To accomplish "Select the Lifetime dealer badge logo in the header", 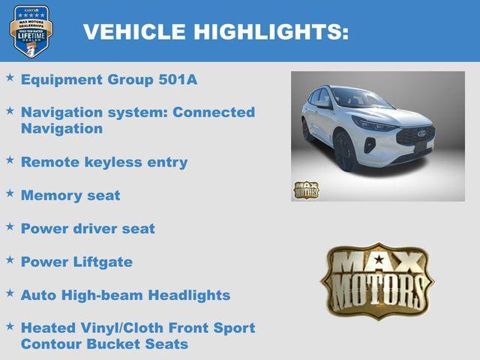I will click(x=31, y=31).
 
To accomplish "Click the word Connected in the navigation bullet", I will click(x=214, y=112).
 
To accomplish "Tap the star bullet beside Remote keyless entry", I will click(x=10, y=159).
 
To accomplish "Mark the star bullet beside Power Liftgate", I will click(x=10, y=259).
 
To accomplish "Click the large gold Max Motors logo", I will click(x=378, y=280).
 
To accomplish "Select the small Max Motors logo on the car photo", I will click(x=306, y=189).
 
